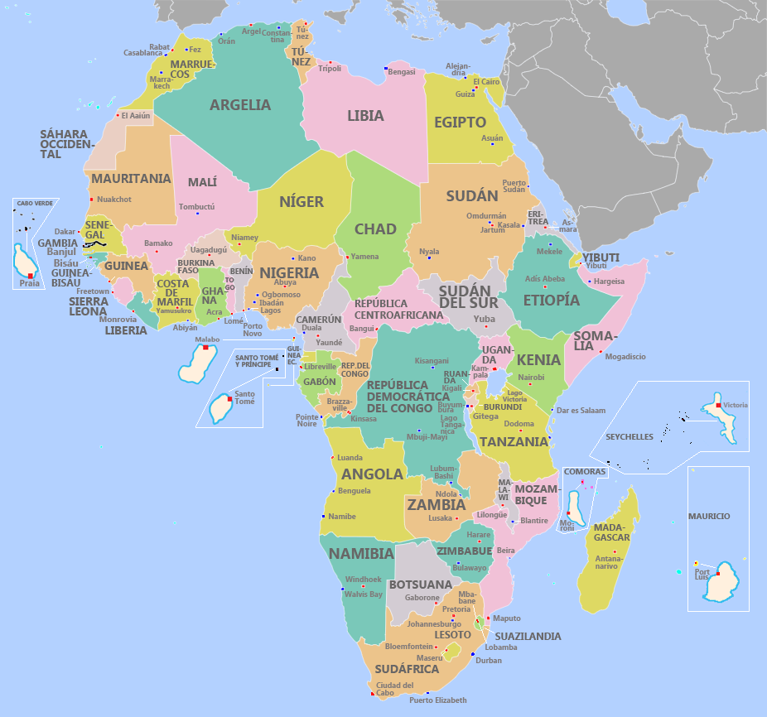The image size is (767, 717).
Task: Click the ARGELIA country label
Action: pos(239,105)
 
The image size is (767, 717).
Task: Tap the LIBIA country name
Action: pos(365,116)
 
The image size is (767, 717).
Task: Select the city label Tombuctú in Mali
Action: pos(196,206)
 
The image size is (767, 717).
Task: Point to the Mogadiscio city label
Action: pos(625,357)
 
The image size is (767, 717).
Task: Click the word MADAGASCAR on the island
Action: pos(612,532)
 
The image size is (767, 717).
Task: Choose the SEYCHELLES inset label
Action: pos(629,436)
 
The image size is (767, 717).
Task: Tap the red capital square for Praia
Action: pos(30,275)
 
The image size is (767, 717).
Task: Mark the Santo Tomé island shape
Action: pos(221,408)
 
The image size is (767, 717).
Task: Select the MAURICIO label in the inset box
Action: pos(709,516)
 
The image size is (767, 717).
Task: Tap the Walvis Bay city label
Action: pos(364,594)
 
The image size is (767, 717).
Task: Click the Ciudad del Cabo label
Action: pos(394,689)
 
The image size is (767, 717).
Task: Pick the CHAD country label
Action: pos(375,229)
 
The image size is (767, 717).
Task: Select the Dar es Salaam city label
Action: pos(581,410)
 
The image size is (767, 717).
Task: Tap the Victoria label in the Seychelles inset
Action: pos(735,405)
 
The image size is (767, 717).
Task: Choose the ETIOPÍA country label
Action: pos(552,300)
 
